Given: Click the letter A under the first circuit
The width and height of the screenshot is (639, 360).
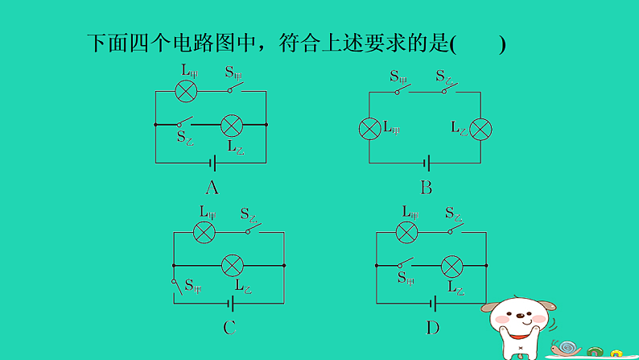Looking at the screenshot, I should coord(212,188).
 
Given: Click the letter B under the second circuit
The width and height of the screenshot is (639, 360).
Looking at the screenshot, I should coord(427,188).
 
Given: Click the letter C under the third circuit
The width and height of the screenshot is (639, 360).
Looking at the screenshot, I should coord(229,327).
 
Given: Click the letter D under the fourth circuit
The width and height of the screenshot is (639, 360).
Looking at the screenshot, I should coord(433,327).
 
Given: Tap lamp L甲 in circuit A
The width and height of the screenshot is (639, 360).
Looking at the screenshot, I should coord(187,90).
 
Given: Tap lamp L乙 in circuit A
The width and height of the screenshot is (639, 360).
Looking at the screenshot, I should coord(233,125).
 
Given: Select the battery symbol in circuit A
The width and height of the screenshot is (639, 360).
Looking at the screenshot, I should coord(213,163).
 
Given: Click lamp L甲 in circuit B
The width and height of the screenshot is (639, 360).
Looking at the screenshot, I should coord(369,128).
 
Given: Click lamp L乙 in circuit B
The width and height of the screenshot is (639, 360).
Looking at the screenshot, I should coord(481,128).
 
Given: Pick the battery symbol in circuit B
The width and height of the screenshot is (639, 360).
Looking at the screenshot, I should coord(427,163).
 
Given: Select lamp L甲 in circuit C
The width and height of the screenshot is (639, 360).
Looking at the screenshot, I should coord(205,232).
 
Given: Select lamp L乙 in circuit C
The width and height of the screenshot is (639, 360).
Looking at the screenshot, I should coord(233,264).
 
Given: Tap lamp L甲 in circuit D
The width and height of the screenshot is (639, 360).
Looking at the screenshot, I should coord(408,232).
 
